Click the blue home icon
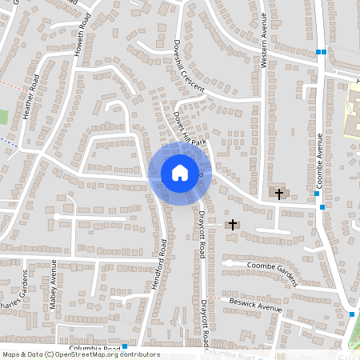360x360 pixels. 179,173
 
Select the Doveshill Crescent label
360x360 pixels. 182,66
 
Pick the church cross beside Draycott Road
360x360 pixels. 233,225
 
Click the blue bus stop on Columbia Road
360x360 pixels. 125,346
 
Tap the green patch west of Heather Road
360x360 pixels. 3,117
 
